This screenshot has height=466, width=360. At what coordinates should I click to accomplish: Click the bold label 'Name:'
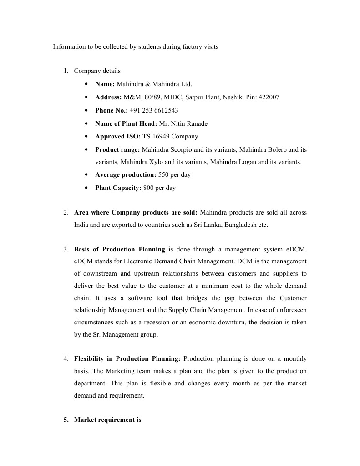click(105, 84)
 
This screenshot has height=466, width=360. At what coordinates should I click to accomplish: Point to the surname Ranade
click(197, 123)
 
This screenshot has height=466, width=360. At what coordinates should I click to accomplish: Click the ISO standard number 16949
click(160, 136)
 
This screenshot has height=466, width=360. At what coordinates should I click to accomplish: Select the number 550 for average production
click(163, 175)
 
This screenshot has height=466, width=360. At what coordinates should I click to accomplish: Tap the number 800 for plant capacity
click(148, 188)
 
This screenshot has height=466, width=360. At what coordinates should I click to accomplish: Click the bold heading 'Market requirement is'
click(107, 420)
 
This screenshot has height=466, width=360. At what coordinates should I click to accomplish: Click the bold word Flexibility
click(89, 358)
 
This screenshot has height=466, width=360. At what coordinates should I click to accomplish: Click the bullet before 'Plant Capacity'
click(86, 188)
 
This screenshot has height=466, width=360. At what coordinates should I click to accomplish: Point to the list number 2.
click(66, 213)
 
